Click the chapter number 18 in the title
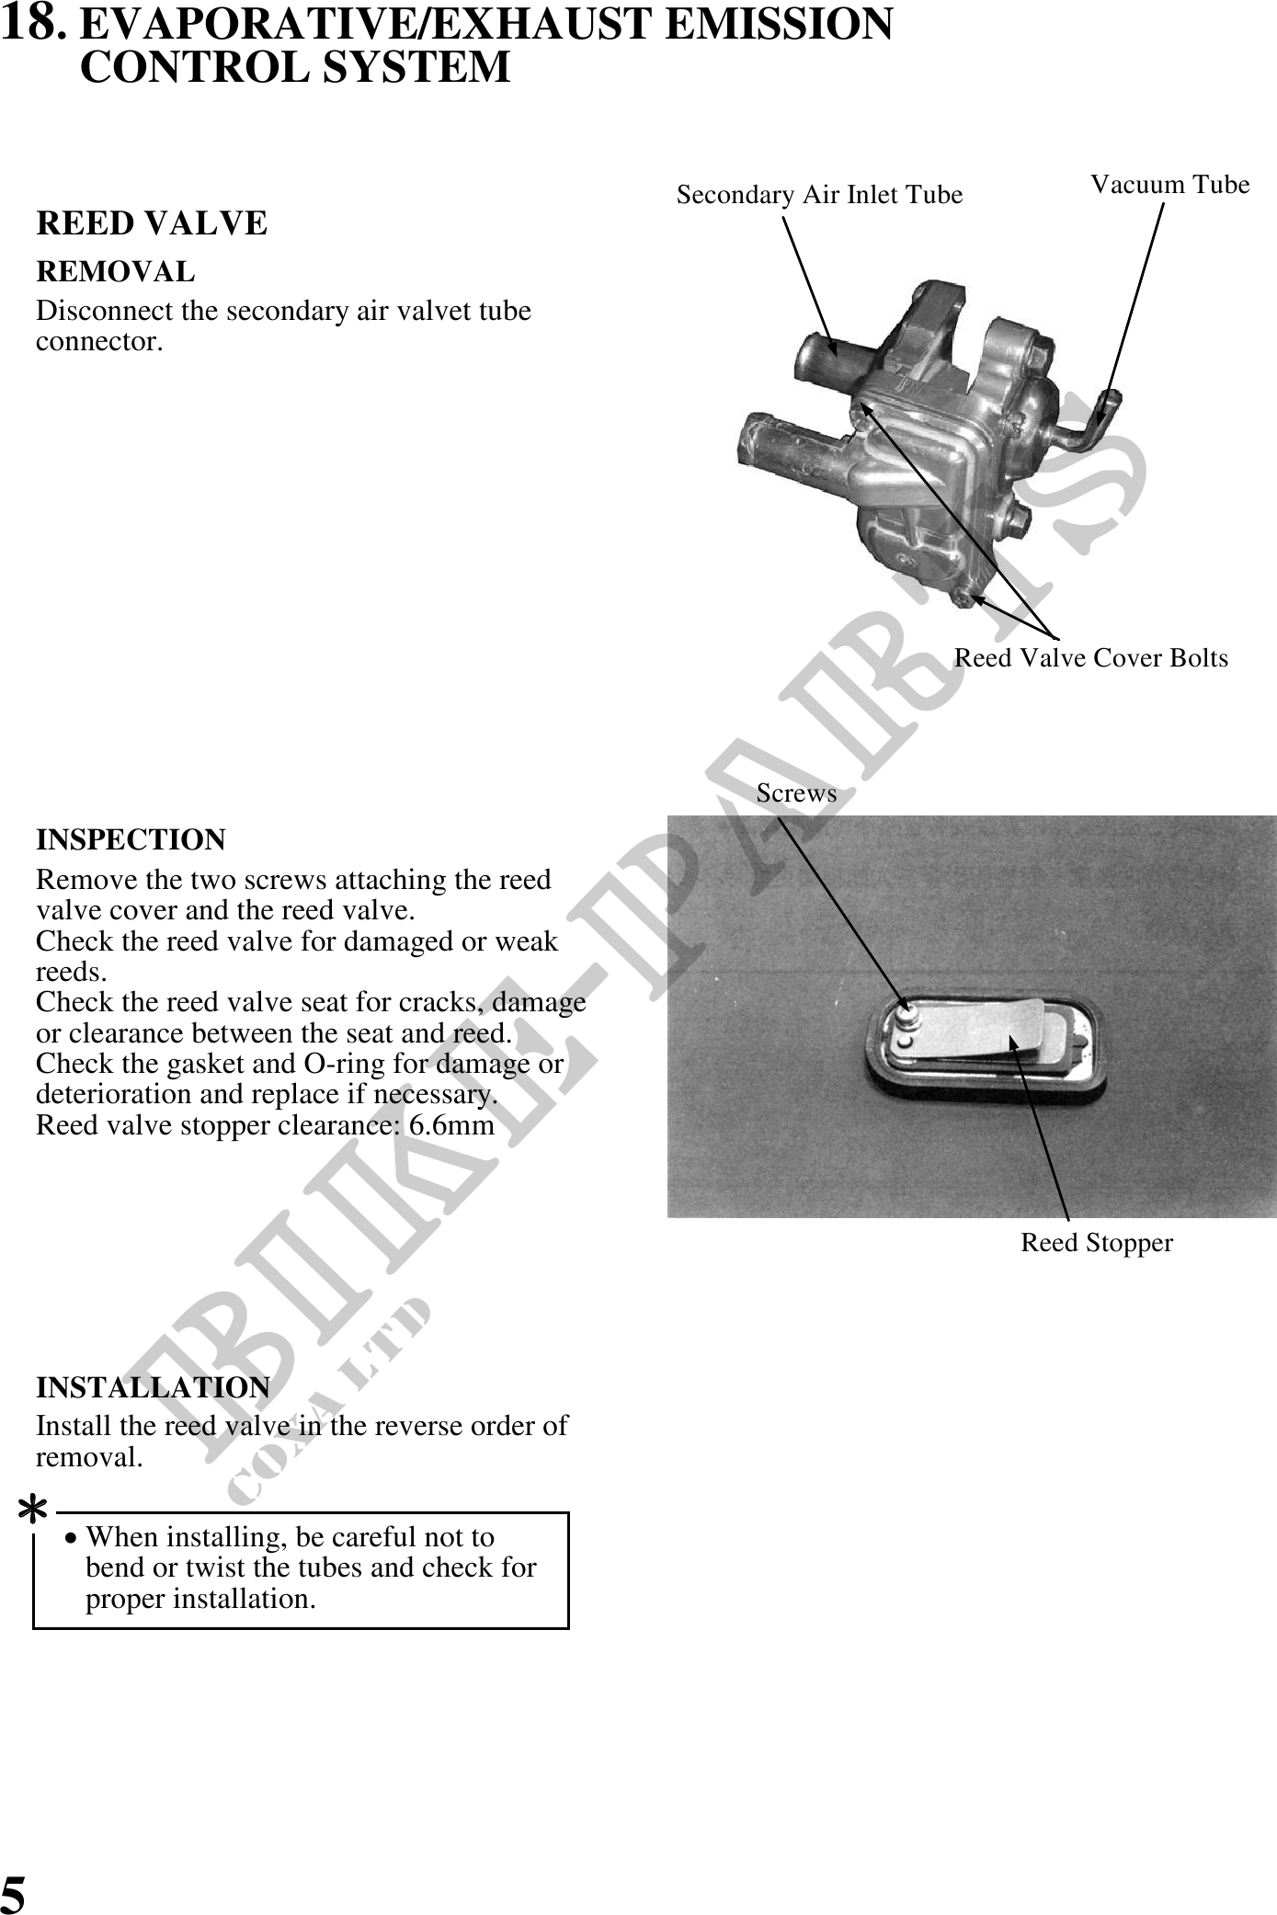click(x=32, y=24)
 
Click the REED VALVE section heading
click(x=152, y=223)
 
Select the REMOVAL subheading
click(x=116, y=272)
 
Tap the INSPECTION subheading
click(x=131, y=840)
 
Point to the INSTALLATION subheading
click(x=153, y=1387)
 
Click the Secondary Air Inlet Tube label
click(x=819, y=195)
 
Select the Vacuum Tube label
click(x=1169, y=185)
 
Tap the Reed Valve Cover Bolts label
click(x=1090, y=658)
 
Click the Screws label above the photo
click(x=796, y=793)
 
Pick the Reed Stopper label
click(x=1097, y=1243)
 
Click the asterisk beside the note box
click(x=33, y=1511)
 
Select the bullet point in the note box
click(x=72, y=1539)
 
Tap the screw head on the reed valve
click(x=909, y=1017)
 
